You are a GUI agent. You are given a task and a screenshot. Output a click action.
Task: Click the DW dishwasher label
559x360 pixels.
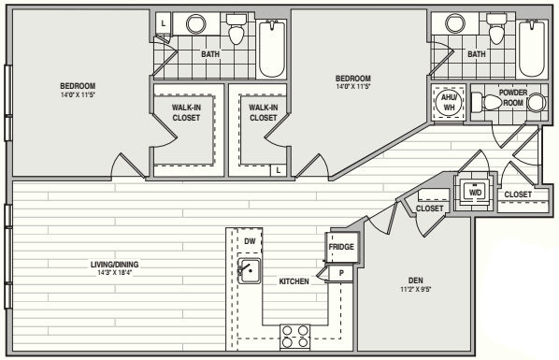(250, 241)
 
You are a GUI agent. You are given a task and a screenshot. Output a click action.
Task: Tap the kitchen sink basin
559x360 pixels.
(250, 271)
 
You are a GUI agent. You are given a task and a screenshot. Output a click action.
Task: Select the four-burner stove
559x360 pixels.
(294, 337)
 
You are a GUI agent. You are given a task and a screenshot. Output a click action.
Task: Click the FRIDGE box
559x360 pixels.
(341, 247)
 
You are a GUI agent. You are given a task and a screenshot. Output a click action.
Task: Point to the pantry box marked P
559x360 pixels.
(341, 273)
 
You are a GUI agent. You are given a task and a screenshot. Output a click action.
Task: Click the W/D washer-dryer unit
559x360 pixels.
(475, 193)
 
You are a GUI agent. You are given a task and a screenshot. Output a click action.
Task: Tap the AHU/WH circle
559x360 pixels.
(449, 102)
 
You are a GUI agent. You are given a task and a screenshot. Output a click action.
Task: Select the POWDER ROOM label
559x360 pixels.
(513, 97)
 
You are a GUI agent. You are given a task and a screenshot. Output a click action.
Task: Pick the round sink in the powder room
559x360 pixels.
(537, 103)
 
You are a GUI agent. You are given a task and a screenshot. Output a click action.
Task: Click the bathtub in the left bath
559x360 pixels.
(272, 49)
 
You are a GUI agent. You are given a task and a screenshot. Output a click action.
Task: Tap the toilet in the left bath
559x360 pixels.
(236, 29)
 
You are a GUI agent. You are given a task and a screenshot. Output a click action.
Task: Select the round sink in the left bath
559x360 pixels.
(195, 24)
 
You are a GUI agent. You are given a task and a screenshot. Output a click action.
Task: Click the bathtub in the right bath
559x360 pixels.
(532, 49)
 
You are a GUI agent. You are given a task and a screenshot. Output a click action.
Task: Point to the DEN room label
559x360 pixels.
(416, 281)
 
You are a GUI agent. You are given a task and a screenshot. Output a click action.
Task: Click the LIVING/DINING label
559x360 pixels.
(114, 265)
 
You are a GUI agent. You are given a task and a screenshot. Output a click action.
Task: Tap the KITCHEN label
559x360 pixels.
(294, 281)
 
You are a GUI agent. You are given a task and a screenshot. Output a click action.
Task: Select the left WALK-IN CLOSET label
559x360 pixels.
(186, 112)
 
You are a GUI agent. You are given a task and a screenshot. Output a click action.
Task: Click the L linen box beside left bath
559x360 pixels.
(164, 24)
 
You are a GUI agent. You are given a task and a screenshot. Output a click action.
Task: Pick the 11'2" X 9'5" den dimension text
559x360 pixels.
(416, 289)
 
